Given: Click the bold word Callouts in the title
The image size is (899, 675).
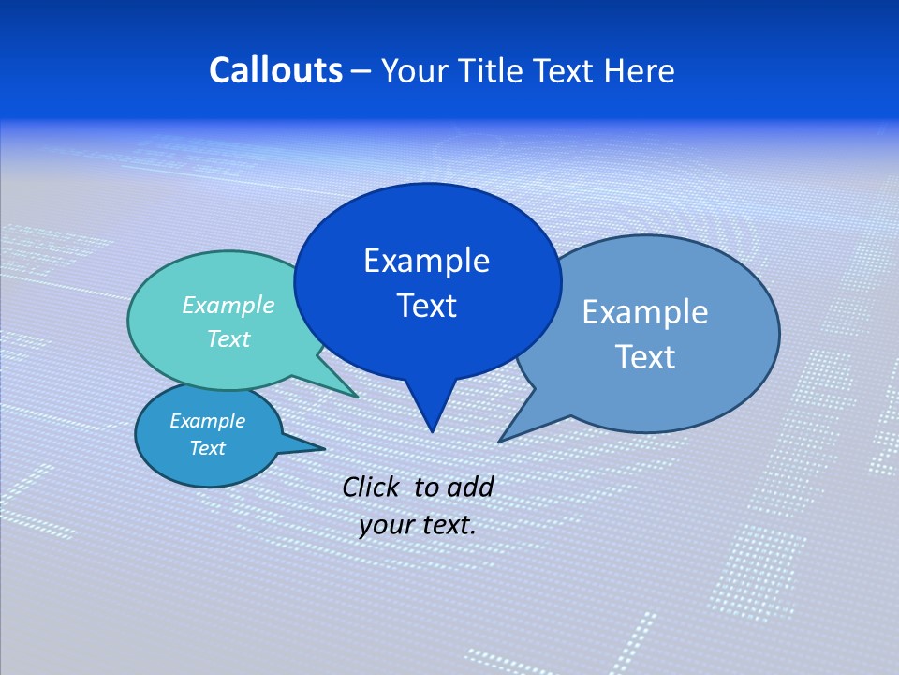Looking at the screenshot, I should click(276, 70).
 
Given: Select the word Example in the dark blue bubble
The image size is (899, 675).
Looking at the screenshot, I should click(426, 261).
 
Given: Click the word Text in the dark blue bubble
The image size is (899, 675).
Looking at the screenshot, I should click(426, 306).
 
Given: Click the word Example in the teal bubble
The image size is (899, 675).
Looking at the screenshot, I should click(228, 305).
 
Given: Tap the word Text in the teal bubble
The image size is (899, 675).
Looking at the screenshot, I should click(228, 338).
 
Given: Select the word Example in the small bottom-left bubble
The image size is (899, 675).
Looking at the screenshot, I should click(207, 421).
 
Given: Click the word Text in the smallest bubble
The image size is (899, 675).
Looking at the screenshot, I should click(207, 448).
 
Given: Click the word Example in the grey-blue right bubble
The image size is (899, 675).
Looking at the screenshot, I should click(645, 312).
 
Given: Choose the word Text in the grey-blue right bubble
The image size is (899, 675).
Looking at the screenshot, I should click(645, 357).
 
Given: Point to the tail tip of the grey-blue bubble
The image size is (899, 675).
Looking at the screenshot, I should click(500, 441).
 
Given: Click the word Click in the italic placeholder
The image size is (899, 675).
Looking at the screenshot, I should click(372, 487).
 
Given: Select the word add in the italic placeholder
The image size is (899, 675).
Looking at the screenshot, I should click(470, 487).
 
